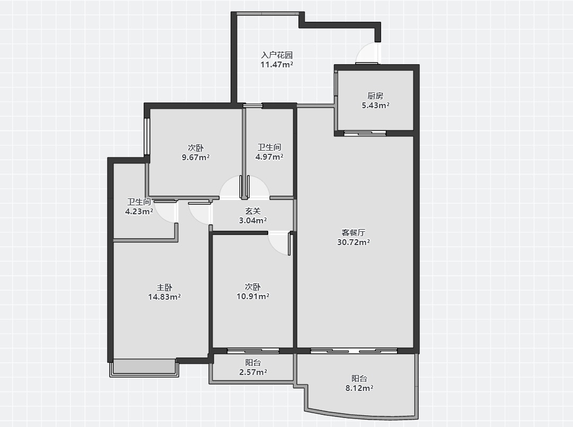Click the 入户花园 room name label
pos(277,55)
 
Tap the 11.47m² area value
pos(277,65)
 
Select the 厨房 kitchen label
pos(375,96)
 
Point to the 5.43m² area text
pos(375,105)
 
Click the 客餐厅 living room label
pos(354,232)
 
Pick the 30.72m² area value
pos(354,242)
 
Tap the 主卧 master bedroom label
pos(164,287)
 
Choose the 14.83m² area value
pos(164,297)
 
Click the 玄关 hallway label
pos(253,211)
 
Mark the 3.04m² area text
pos(253,221)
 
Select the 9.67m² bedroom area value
pos(196,158)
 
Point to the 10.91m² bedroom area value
pos(253,297)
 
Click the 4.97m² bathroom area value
pos(269,157)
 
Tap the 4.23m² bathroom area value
pos(139,211)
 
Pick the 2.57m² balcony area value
pos(253,372)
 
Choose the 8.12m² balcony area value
pos(359,388)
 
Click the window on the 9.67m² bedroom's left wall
pos(146,136)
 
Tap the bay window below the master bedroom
pos(144,368)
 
